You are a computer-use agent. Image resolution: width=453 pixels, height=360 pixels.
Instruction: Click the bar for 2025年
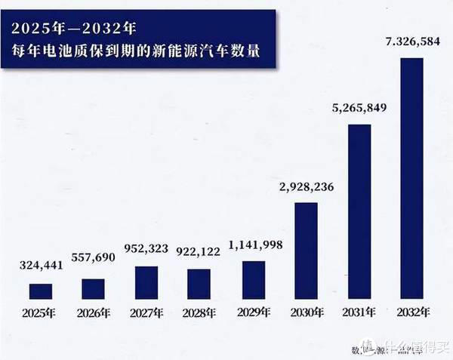pyautogui.click(x=41, y=291)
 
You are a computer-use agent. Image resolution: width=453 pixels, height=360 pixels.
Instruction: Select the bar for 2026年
pyautogui.click(x=94, y=289)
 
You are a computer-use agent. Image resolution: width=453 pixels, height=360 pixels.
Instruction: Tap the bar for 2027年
pyautogui.click(x=146, y=282)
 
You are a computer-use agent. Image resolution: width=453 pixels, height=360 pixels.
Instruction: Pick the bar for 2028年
pyautogui.click(x=199, y=284)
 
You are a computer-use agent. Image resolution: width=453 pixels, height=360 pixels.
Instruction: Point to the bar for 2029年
pyautogui.click(x=252, y=280)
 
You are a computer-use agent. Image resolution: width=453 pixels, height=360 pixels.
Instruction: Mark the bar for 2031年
pyautogui.click(x=359, y=211)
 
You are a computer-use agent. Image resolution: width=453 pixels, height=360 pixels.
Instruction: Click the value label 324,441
pyautogui.click(x=42, y=265)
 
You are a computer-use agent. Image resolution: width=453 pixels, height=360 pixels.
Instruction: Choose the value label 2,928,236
pyautogui.click(x=305, y=187)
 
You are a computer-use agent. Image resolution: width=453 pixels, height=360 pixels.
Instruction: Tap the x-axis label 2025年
pyautogui.click(x=41, y=312)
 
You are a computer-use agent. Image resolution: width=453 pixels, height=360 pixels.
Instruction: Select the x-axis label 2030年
pyautogui.click(x=305, y=312)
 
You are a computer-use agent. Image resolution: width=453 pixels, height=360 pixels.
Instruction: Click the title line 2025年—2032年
pyautogui.click(x=72, y=29)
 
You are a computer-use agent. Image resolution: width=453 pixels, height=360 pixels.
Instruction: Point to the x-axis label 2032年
pyautogui.click(x=411, y=312)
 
